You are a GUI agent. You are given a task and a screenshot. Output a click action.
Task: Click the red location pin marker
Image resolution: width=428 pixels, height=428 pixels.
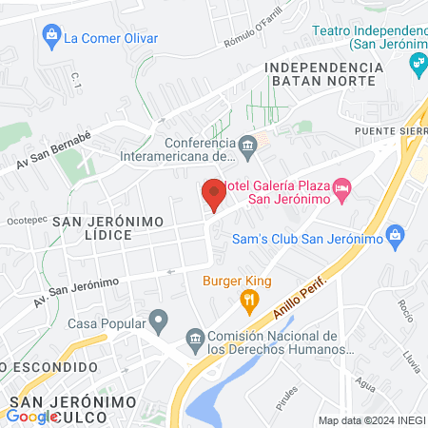click(213, 194)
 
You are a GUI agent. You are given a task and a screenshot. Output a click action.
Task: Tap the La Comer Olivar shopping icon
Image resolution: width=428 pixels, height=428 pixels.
click(52, 38)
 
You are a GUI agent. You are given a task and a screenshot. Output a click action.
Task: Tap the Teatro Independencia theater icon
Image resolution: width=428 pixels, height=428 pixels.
click(417, 63)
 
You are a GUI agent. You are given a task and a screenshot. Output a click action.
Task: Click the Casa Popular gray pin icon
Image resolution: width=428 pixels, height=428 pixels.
click(160, 320)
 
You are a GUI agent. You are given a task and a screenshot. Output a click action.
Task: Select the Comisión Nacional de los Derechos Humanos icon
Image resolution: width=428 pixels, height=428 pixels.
click(195, 338)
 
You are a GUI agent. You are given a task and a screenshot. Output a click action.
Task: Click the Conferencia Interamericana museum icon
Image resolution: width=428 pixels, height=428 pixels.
click(248, 145)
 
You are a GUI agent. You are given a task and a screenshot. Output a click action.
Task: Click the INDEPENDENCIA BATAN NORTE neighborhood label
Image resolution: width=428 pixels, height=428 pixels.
click(331, 75)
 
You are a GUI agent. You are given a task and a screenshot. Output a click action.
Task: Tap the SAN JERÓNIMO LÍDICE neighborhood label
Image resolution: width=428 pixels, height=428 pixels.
click(109, 227)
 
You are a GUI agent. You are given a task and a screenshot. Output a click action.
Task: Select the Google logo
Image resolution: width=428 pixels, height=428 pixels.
click(30, 416)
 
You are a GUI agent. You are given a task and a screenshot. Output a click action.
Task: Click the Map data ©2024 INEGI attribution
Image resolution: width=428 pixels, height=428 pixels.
click(370, 420)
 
